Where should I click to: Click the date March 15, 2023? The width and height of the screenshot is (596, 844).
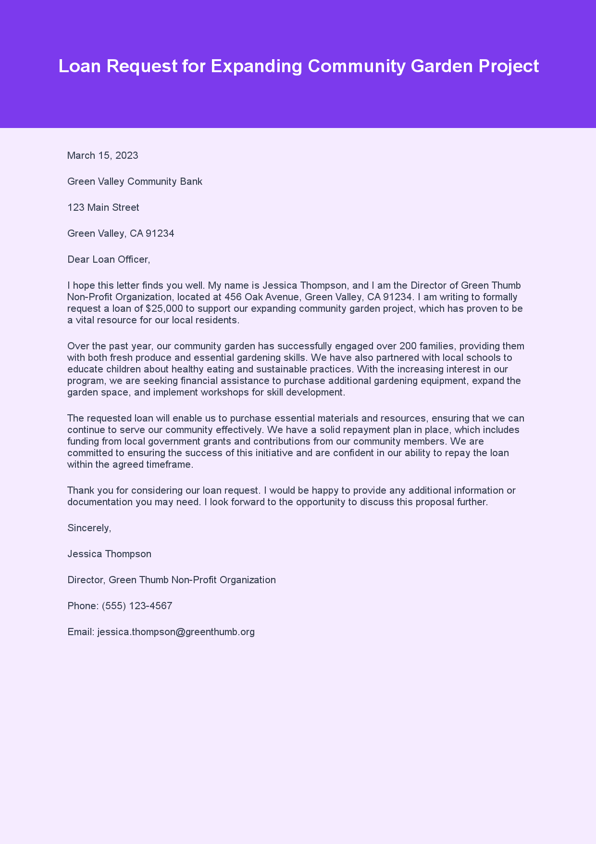[x=102, y=155]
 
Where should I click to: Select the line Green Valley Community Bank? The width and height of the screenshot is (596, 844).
[x=135, y=181]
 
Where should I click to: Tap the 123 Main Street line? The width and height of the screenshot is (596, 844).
[x=103, y=207]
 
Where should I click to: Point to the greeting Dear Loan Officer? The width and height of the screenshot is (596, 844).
[x=109, y=259]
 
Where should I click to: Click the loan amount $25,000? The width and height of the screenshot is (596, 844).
[x=164, y=308]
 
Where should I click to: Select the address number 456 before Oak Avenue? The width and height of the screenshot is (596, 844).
[x=233, y=297]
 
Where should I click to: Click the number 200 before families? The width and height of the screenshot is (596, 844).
[x=408, y=346]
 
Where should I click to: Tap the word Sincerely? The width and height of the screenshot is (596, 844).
[x=89, y=528]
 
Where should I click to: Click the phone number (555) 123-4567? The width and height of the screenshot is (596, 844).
[x=137, y=606]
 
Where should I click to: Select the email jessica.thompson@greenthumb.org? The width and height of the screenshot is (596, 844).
[x=176, y=632]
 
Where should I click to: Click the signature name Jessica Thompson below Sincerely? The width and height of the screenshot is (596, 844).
[x=109, y=554]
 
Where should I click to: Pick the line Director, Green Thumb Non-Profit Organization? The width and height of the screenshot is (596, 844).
[x=172, y=580]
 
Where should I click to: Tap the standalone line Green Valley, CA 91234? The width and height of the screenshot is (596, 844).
[x=121, y=233]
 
